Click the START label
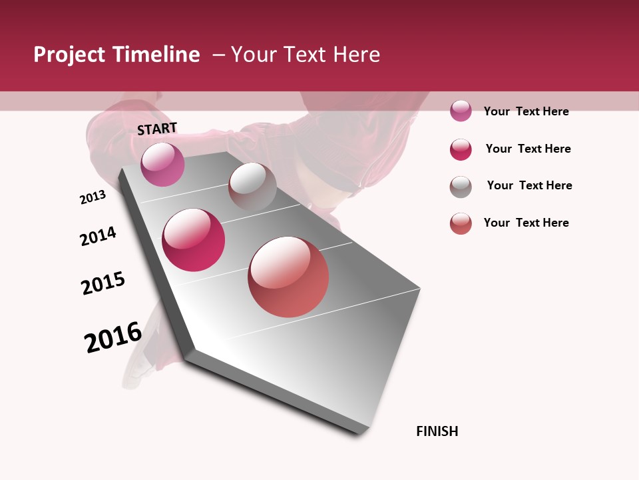point(157,129)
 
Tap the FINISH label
point(437,431)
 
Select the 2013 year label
point(93,197)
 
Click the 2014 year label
point(98,236)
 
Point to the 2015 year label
point(103,283)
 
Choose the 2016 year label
point(113,337)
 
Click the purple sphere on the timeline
point(162,164)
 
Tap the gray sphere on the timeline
point(252,187)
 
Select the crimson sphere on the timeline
point(194,240)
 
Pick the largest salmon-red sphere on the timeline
point(288,277)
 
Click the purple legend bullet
point(461,111)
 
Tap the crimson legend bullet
point(461,149)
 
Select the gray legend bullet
point(461,187)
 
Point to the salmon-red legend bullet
point(461,223)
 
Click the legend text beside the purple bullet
point(526,111)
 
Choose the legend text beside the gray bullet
point(529,185)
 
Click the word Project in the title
point(70,55)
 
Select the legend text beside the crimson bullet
point(528,149)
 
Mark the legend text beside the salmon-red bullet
point(526,223)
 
